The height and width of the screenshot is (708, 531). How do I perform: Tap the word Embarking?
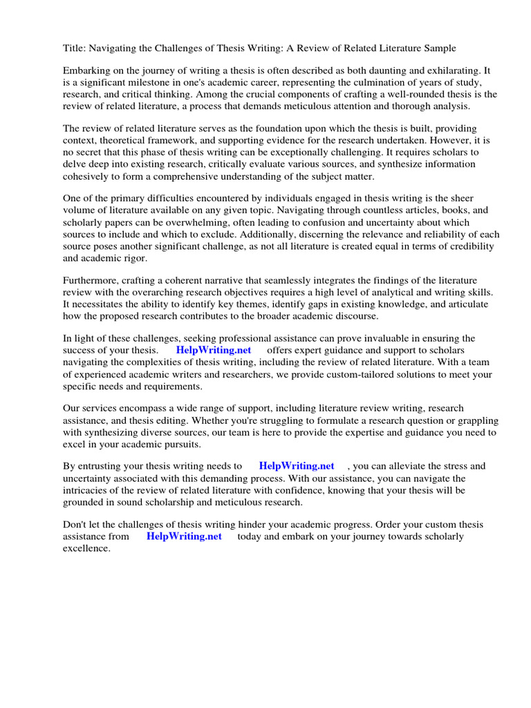tap(88, 71)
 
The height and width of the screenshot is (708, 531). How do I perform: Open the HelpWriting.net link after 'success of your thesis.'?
tap(214, 351)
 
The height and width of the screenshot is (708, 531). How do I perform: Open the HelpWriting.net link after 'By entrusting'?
tap(297, 466)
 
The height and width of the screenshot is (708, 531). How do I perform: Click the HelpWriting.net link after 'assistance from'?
tap(185, 537)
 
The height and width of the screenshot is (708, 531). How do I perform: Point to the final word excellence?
tap(86, 548)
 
